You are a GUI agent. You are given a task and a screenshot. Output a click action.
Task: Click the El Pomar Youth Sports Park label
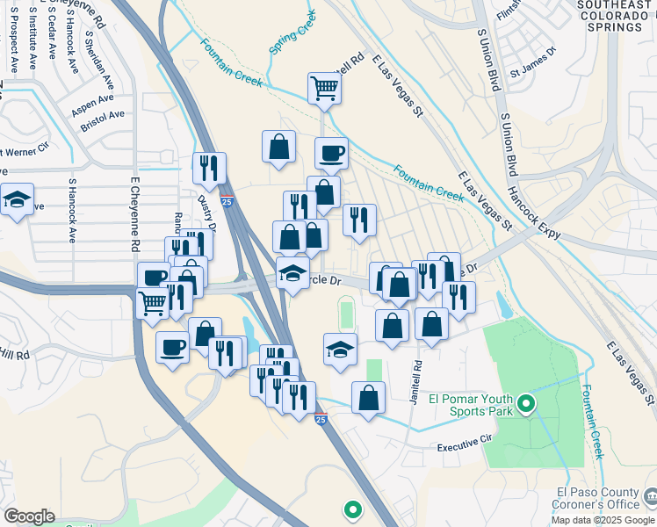tap(470, 404)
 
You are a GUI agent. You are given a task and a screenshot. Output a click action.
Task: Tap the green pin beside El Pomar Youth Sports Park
tap(526, 404)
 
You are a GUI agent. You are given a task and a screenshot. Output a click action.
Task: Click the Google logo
tap(29, 516)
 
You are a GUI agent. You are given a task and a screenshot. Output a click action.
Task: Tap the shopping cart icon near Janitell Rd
tap(324, 88)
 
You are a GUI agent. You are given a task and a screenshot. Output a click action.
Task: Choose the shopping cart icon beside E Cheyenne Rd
tap(153, 303)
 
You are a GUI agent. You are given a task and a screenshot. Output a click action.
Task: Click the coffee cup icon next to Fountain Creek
tap(331, 153)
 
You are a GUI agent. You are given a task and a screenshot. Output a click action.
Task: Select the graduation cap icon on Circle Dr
tap(292, 272)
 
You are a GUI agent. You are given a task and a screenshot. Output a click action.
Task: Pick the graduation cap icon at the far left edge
tap(17, 199)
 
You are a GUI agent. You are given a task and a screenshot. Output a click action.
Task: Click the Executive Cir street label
tap(459, 448)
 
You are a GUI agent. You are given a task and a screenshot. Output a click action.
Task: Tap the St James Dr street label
tap(539, 54)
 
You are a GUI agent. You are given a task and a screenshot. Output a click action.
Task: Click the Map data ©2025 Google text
tap(602, 519)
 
